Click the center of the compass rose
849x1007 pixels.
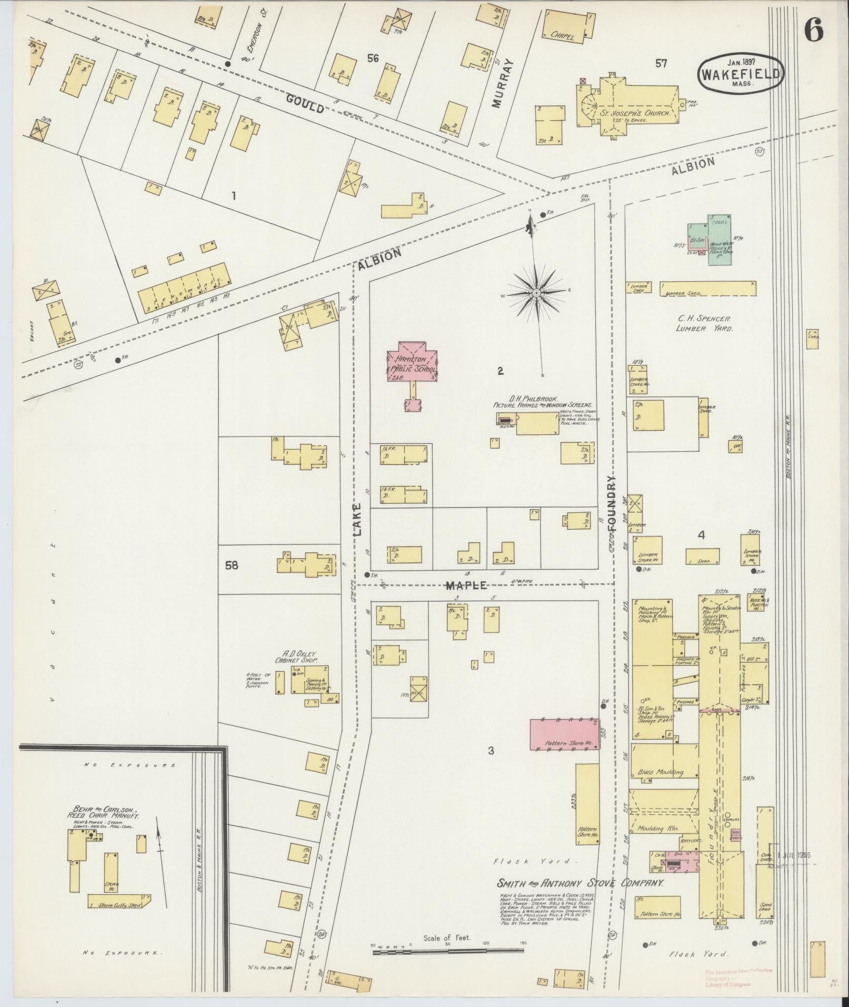coord(536,292)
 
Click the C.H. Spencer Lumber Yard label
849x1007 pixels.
coord(704,323)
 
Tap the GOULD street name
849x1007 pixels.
coord(305,103)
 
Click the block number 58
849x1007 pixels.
coord(231,565)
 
